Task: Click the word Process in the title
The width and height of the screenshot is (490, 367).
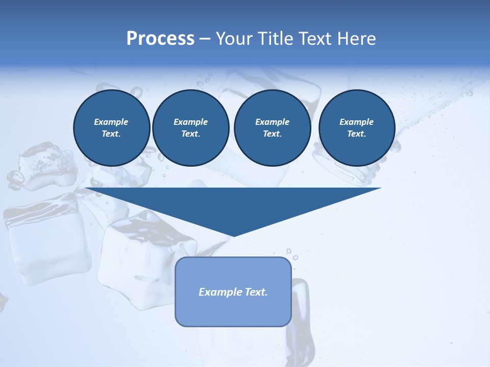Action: pos(160,39)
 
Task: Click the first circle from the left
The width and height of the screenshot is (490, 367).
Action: pos(112,128)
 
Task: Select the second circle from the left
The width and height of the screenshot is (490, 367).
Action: pos(191,128)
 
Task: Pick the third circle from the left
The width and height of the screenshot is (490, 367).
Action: pos(272,128)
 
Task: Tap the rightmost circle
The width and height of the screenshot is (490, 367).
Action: pos(357,128)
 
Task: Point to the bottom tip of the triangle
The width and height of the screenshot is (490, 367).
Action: pos(233,235)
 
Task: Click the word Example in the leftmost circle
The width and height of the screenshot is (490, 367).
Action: pos(111,122)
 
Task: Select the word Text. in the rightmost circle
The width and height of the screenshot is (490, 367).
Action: pos(357,134)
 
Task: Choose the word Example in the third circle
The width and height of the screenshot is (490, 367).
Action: pos(272,122)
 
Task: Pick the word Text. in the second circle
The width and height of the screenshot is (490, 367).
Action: pos(191,134)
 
